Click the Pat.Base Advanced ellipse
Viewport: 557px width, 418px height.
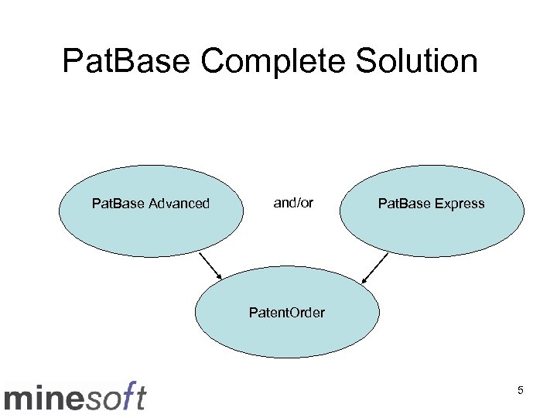(151, 211)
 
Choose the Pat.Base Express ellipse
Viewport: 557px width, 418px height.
(432, 211)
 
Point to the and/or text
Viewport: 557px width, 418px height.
(293, 203)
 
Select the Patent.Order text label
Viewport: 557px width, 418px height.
(287, 313)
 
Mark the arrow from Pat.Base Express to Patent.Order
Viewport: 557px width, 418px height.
(375, 267)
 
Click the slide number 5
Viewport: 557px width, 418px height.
(521, 391)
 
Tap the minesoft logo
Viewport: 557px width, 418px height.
(75, 396)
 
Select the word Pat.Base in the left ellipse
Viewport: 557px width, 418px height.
(116, 204)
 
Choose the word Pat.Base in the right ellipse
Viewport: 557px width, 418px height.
(403, 204)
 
